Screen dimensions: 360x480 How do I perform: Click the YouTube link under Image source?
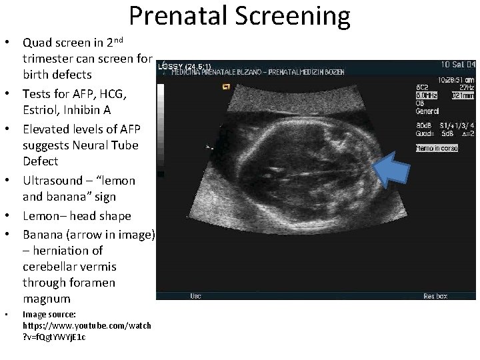point(87,331)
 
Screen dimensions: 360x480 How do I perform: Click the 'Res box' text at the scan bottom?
point(435,295)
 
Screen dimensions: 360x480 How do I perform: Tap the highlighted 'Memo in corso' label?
point(437,148)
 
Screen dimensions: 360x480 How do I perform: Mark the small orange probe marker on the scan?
point(227,86)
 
